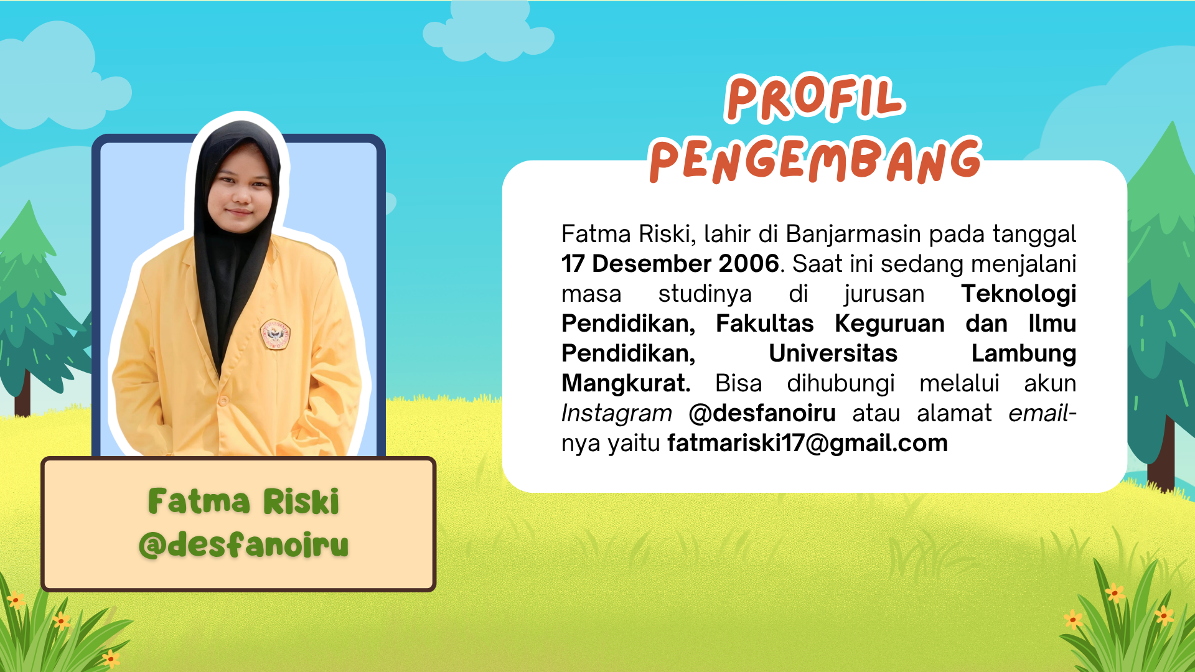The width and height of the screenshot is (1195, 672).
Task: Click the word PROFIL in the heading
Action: (815, 98)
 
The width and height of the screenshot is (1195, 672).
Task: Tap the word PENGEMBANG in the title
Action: (815, 160)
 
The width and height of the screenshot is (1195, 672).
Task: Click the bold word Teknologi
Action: (1019, 294)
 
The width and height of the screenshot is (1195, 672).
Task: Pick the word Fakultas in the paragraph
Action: (765, 324)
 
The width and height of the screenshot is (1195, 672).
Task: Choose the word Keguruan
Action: (890, 324)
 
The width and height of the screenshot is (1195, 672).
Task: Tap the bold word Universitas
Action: (833, 353)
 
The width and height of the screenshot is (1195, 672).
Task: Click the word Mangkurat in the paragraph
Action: (626, 384)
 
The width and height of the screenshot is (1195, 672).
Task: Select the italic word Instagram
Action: (617, 414)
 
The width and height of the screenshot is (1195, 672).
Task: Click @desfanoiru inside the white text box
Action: (762, 413)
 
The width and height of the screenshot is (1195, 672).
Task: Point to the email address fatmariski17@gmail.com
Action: (807, 444)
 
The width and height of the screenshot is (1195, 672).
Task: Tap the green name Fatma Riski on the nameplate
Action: (243, 502)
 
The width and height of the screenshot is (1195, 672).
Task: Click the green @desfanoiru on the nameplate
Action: (243, 544)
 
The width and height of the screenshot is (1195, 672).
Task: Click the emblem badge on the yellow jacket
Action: (275, 334)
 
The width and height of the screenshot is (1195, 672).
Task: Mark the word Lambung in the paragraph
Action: (1024, 354)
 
